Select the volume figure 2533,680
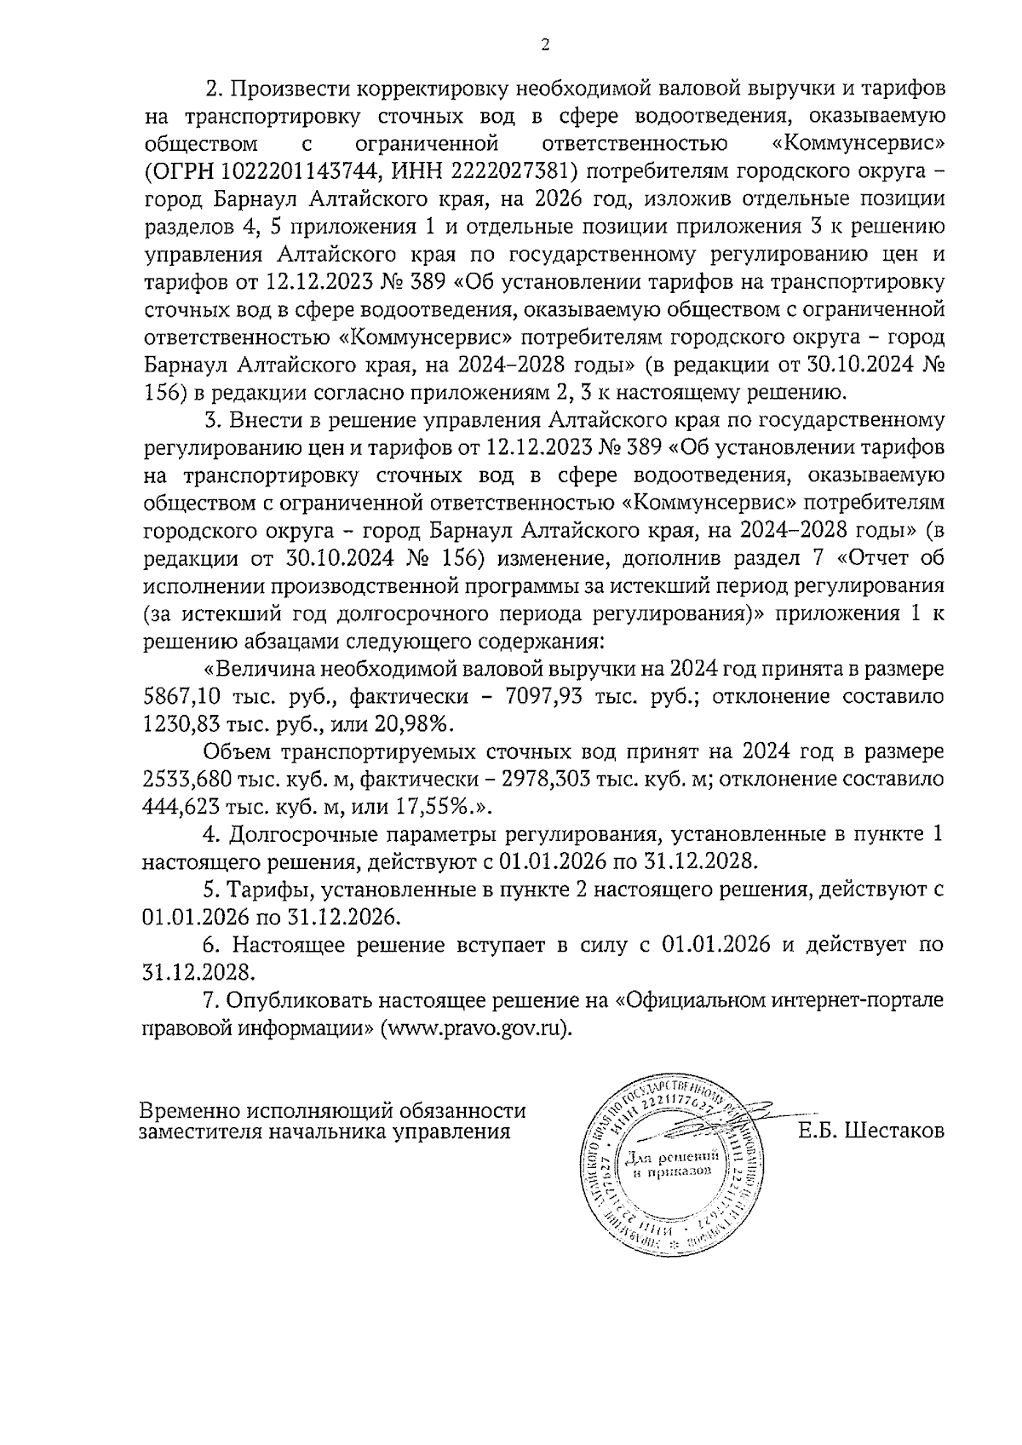[x=195, y=779]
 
